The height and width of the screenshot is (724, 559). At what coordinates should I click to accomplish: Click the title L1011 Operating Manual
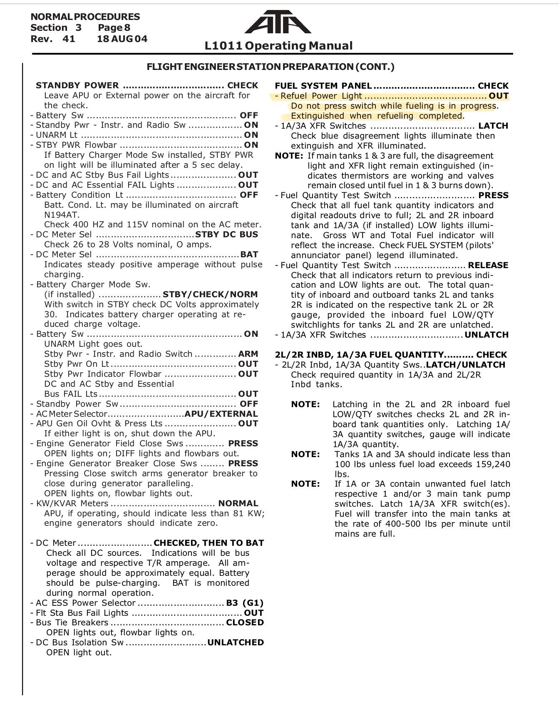click(x=278, y=45)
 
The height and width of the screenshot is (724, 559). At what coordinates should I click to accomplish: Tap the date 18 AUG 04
click(x=122, y=39)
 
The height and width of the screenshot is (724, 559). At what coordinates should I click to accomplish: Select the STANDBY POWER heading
click(x=77, y=85)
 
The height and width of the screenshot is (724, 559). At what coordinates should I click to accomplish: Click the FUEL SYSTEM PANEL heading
click(x=323, y=86)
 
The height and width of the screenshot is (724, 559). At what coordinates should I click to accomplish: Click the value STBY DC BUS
click(x=226, y=234)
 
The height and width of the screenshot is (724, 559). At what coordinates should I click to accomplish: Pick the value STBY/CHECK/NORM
click(x=210, y=294)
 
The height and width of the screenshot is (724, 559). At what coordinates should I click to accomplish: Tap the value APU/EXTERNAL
click(x=221, y=414)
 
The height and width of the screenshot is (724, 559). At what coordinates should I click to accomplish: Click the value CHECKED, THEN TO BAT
click(x=209, y=543)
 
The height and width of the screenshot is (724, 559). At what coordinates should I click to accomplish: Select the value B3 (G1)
click(x=245, y=603)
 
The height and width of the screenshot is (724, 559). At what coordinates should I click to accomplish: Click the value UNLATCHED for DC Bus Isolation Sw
click(x=235, y=642)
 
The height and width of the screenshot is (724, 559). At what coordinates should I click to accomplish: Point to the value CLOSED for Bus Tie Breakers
click(x=245, y=622)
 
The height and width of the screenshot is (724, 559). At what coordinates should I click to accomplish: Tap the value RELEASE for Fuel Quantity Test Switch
click(x=488, y=265)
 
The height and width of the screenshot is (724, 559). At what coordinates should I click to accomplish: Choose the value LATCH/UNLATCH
click(x=465, y=365)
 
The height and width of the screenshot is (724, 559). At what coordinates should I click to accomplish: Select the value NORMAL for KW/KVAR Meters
click(x=238, y=503)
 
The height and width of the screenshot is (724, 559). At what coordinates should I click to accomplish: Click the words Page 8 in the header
click(x=114, y=28)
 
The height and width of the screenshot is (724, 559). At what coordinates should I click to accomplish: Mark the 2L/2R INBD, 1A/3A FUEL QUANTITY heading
click(x=359, y=355)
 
